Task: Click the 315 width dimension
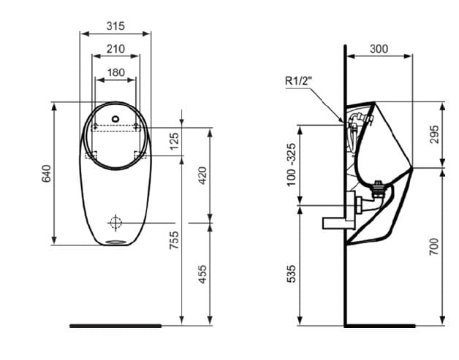pos(115,26)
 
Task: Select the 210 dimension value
pos(115,49)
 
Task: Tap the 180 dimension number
pos(115,72)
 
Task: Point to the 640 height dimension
pos(47,173)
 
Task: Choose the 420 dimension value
pos(203,174)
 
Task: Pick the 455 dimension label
pos(203,274)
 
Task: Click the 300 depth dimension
pos(379,49)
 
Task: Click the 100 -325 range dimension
pos(292,164)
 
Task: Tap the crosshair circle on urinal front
pos(115,222)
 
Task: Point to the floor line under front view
pos(115,325)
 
